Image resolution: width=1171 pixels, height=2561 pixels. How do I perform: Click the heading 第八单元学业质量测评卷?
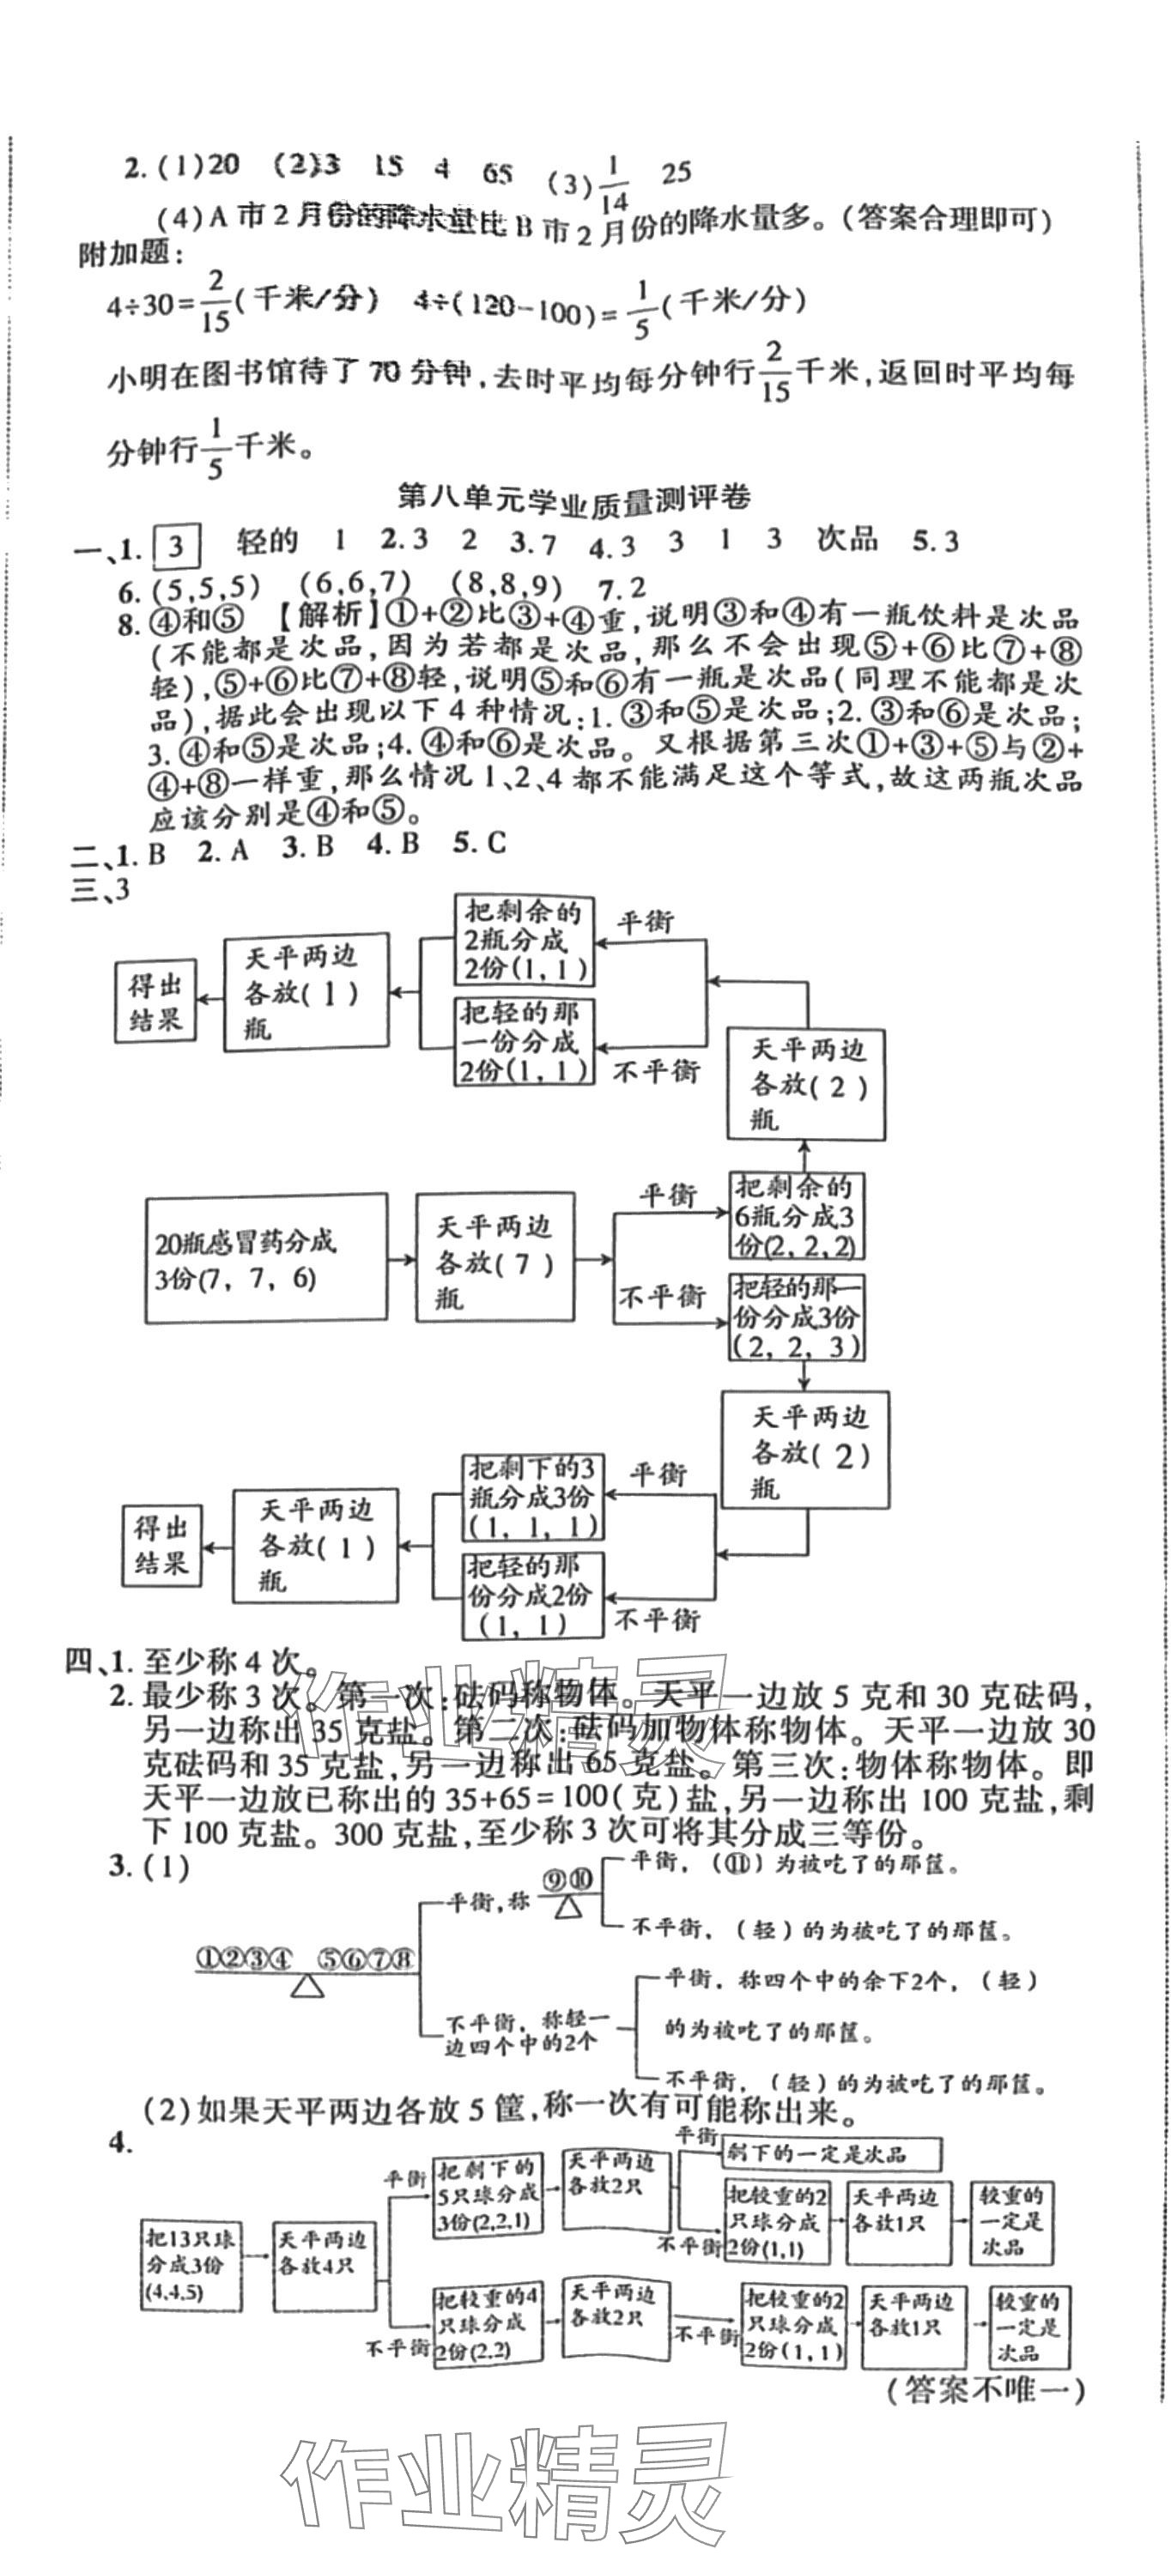tap(572, 497)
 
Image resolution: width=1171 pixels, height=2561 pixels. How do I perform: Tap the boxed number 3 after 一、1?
tap(176, 546)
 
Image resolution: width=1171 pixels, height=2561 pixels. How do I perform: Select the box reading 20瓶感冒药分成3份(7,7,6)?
tap(265, 1259)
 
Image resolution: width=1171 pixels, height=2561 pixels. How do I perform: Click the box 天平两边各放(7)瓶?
tap(494, 1259)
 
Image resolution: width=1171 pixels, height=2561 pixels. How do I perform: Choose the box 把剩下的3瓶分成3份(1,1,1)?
tap(534, 1498)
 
